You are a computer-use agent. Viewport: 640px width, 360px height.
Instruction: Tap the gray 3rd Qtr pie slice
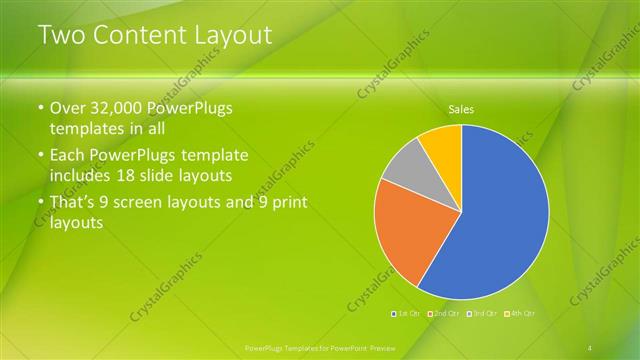[405, 170]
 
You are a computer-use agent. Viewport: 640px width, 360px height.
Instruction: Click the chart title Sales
[461, 109]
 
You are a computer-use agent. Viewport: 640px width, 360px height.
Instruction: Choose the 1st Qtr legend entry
[406, 314]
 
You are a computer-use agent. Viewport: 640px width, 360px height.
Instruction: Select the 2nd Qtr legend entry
[443, 314]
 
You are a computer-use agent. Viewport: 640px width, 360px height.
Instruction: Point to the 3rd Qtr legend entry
[483, 314]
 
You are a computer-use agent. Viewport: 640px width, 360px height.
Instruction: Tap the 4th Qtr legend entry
[521, 314]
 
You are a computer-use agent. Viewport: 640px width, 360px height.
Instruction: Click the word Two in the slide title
[61, 36]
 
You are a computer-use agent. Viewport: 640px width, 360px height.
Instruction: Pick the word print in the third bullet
[287, 203]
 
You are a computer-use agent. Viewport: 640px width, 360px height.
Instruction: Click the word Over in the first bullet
[67, 108]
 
